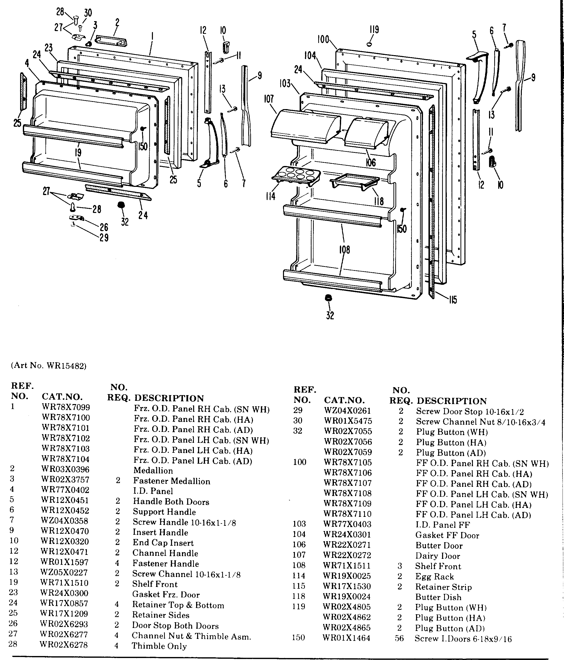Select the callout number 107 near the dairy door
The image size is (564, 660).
(x=269, y=99)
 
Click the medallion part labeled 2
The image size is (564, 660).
(x=111, y=41)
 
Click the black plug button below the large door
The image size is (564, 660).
(x=328, y=298)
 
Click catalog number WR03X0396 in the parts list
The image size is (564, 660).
(x=65, y=469)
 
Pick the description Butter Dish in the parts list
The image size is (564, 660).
(x=438, y=597)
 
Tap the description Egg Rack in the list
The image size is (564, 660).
(x=434, y=577)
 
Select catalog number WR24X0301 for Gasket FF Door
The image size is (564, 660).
(x=347, y=535)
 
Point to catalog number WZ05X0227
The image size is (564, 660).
(x=64, y=572)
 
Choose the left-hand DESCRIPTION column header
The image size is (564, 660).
(x=169, y=398)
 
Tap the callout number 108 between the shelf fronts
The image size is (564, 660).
(x=344, y=249)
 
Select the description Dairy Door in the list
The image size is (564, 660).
(x=438, y=556)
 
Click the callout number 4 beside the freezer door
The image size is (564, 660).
(x=27, y=63)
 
